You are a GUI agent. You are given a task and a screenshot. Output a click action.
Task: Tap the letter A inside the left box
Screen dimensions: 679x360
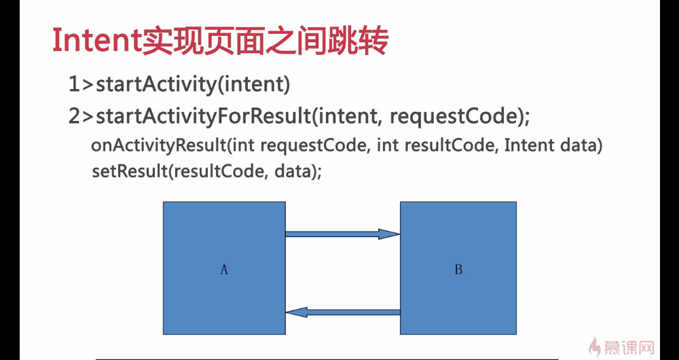224,270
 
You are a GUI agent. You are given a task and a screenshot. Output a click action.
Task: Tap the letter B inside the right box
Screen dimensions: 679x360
458,270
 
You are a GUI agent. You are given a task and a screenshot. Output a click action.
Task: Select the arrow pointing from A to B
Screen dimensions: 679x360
342,234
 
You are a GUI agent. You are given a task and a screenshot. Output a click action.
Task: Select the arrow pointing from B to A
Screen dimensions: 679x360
342,312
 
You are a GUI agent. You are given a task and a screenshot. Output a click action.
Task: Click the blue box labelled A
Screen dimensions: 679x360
224,268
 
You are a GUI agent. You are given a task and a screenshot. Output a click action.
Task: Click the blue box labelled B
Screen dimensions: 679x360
458,268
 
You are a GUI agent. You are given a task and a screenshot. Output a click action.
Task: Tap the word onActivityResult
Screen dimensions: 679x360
159,146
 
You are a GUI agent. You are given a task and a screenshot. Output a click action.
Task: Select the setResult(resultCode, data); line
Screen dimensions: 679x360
207,172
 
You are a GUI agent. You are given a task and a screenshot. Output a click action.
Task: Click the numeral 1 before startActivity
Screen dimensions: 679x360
74,84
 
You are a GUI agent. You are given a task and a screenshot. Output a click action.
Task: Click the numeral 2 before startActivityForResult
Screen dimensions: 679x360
75,117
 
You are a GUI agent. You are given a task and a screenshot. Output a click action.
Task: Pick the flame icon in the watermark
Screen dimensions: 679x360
595,346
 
